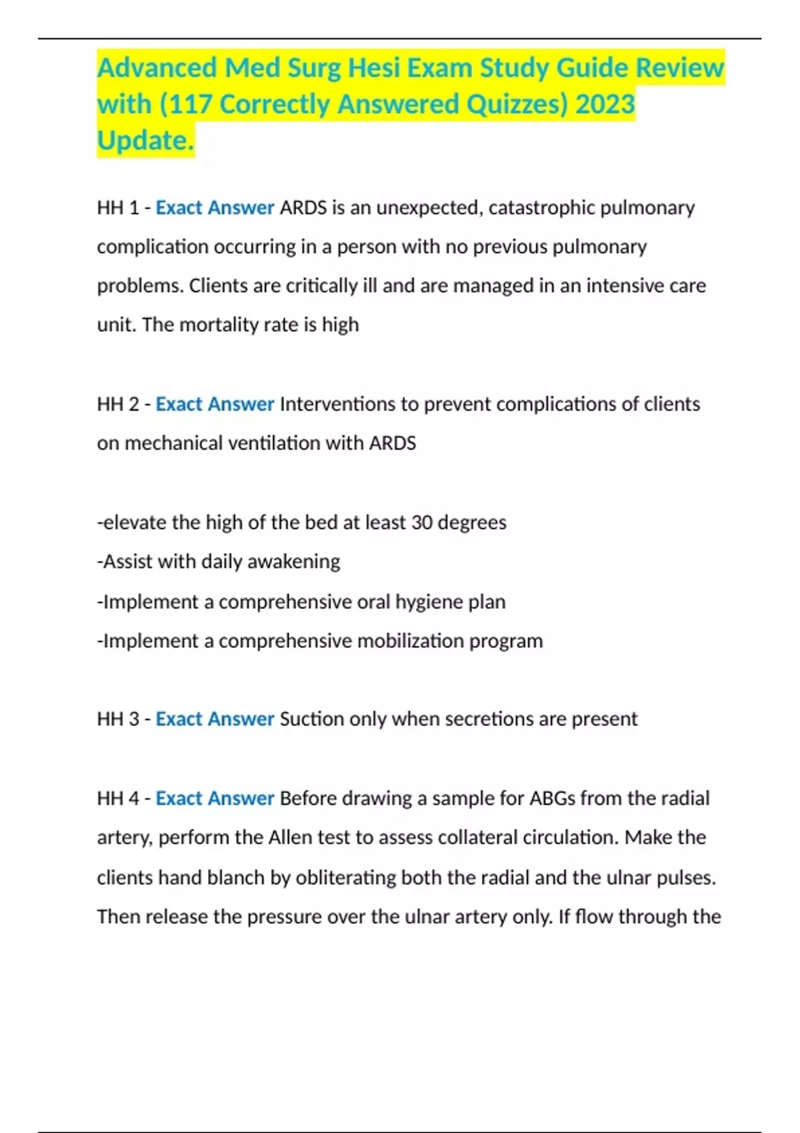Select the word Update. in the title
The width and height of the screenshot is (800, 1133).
(x=145, y=141)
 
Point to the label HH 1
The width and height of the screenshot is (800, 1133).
(x=117, y=208)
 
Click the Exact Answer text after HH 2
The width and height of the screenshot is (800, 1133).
(x=215, y=405)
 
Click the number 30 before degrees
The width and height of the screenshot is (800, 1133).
(x=422, y=523)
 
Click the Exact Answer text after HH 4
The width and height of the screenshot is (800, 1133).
(x=215, y=798)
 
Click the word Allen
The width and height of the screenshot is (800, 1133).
(x=289, y=838)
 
